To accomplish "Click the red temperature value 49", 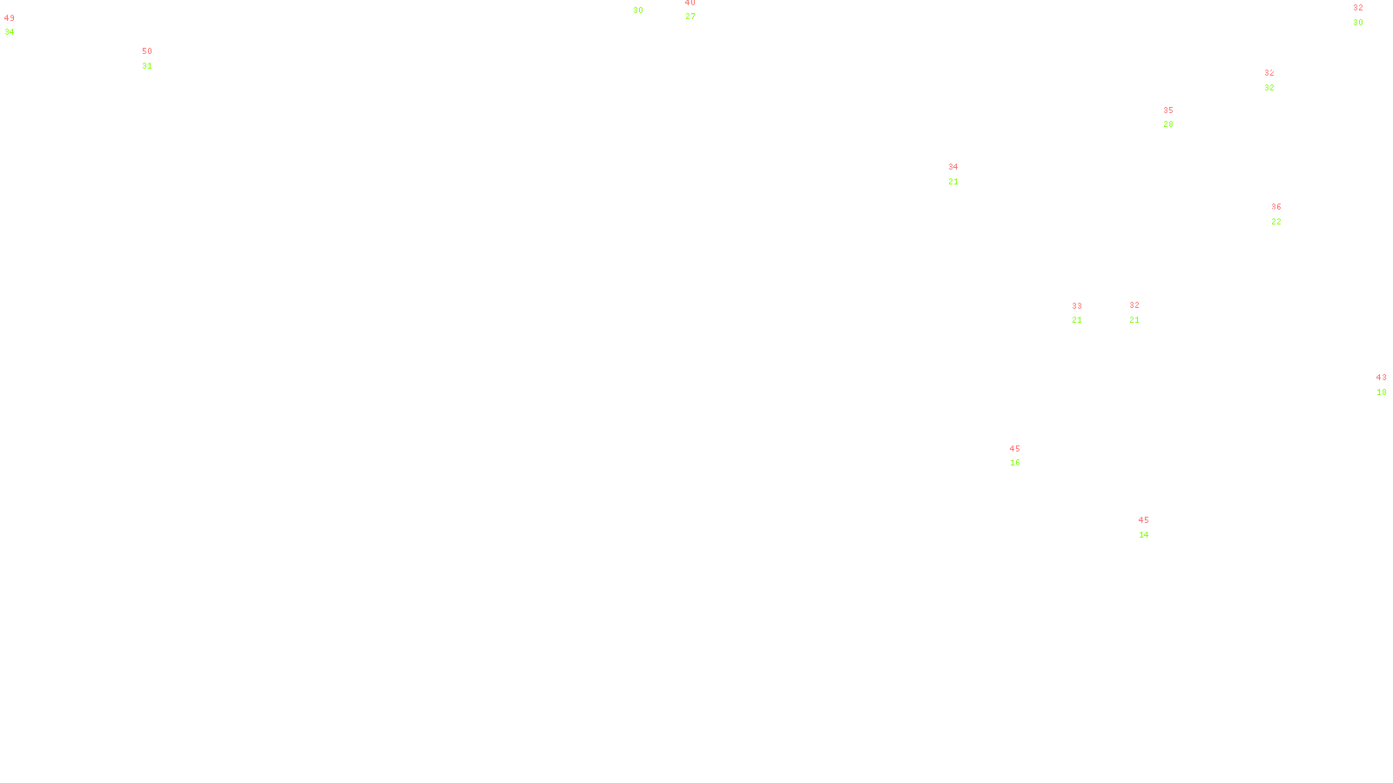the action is pyautogui.click(x=10, y=18).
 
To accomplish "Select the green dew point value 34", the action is pyautogui.click(x=10, y=32).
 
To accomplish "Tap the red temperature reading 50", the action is pyautogui.click(x=147, y=51).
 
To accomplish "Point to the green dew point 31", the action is pyautogui.click(x=147, y=66).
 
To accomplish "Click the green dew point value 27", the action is pyautogui.click(x=690, y=17).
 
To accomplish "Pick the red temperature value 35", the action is pyautogui.click(x=1168, y=110).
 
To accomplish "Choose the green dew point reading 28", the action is pyautogui.click(x=1168, y=124).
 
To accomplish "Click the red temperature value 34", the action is pyautogui.click(x=953, y=167).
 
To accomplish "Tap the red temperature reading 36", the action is pyautogui.click(x=1276, y=207).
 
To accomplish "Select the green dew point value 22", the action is pyautogui.click(x=1276, y=222).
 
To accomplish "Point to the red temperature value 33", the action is pyautogui.click(x=1077, y=306).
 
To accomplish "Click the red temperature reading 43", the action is pyautogui.click(x=1381, y=378).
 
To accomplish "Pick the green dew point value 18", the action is pyautogui.click(x=1382, y=392).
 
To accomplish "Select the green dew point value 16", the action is pyautogui.click(x=1015, y=463).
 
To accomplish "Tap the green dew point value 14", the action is pyautogui.click(x=1144, y=535).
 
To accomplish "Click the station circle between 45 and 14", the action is pyautogui.click(x=1153, y=527).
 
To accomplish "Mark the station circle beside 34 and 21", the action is pyautogui.click(x=961, y=174).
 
